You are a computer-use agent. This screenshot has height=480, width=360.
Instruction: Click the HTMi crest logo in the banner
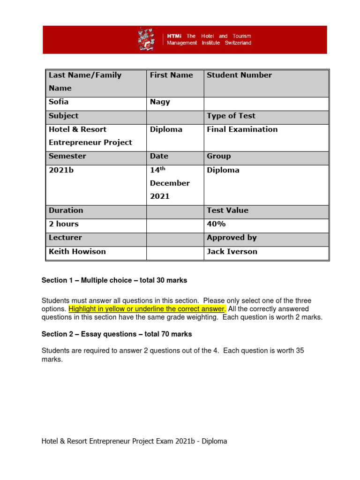[x=146, y=39]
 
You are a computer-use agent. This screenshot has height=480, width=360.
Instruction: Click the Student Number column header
[x=239, y=75]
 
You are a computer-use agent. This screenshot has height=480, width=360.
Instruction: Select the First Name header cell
[x=171, y=75]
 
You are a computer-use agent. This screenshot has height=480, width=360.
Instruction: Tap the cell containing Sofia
[x=59, y=102]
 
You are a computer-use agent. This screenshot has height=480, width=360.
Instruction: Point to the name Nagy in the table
[x=160, y=102]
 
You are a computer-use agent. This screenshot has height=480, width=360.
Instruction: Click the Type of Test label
[x=231, y=116]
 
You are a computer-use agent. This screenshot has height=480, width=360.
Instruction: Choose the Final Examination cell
[x=242, y=129]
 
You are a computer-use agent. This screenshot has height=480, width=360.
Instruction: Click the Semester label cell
[x=67, y=156]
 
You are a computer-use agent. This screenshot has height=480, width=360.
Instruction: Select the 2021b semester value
[x=61, y=170]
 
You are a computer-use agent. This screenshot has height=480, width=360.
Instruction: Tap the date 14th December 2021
[x=169, y=183]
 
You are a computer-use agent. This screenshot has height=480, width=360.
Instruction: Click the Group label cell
[x=218, y=156]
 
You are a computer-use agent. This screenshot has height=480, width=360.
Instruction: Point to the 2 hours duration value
[x=64, y=224]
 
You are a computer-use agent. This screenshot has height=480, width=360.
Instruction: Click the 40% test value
[x=216, y=224]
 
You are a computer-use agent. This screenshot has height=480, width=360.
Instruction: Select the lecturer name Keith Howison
[x=77, y=251]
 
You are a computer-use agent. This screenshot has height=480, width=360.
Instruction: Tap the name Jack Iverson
[x=232, y=251]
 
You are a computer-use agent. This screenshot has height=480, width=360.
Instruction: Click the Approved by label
[x=232, y=238]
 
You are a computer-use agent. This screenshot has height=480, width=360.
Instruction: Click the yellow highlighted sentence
[x=147, y=309]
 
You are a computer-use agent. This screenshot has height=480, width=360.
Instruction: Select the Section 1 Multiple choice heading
[x=114, y=280]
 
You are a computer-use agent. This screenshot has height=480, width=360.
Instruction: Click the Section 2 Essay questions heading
[x=117, y=334]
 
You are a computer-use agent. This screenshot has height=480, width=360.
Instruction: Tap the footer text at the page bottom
[x=134, y=441]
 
